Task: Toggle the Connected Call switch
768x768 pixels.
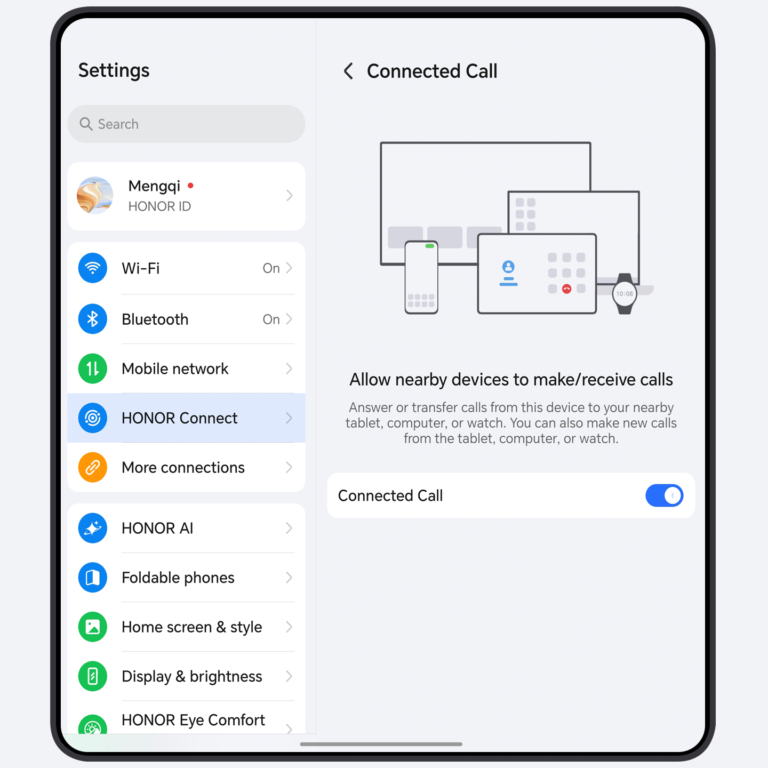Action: pos(663,495)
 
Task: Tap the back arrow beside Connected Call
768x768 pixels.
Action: pos(349,71)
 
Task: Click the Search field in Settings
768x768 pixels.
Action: pos(186,124)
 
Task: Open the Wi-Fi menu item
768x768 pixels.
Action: pos(186,268)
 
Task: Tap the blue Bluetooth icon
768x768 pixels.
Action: pos(93,319)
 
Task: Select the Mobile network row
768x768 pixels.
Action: pos(186,369)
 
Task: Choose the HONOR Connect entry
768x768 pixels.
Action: pos(186,418)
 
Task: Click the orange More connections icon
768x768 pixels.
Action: pos(93,468)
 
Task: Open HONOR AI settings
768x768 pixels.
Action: pos(186,528)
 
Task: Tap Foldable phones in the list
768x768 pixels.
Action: pos(186,578)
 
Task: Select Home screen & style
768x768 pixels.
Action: pos(186,627)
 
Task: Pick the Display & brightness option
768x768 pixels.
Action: pos(186,676)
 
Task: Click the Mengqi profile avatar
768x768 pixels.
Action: pos(95,196)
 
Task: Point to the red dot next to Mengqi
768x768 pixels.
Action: pos(190,186)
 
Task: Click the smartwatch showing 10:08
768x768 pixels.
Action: pos(625,294)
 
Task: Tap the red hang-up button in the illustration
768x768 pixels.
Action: pos(566,289)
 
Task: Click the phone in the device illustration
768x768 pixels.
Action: pos(421,277)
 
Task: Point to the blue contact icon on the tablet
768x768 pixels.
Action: pos(508,267)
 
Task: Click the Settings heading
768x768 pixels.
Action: pos(114,70)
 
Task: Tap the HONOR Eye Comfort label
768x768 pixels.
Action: pos(193,720)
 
